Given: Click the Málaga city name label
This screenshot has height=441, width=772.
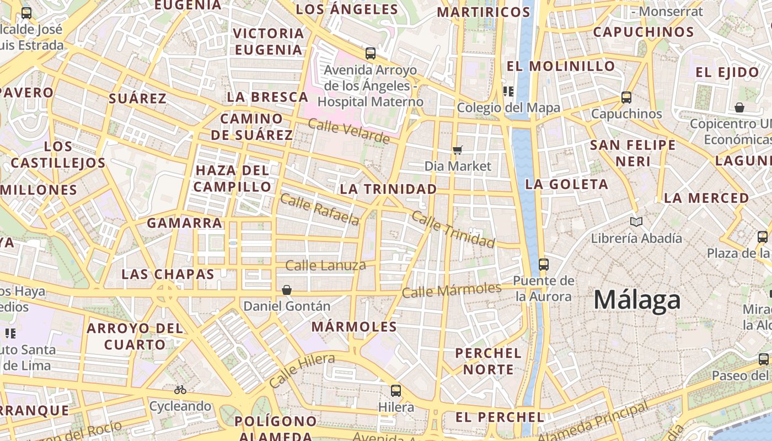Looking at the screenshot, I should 637,300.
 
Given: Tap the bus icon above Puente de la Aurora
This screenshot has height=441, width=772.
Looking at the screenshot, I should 544,264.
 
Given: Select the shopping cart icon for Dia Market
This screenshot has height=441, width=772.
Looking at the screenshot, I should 457,150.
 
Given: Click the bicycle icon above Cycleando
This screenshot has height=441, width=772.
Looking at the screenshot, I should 180,390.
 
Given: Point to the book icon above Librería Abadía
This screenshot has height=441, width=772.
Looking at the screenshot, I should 636,222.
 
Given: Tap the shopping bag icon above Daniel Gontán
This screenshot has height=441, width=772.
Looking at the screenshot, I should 286,290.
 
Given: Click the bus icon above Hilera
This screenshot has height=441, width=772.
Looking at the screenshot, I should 395,391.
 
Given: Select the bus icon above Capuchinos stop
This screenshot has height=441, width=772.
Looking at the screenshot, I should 626,98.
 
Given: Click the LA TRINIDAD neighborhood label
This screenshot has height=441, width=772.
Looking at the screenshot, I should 388,189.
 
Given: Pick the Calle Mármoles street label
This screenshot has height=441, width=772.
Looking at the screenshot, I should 451,290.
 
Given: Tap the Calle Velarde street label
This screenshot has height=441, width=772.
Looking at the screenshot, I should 349,131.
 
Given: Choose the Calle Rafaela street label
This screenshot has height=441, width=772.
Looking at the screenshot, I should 319,209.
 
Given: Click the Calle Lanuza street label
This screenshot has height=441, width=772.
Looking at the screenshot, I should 325,266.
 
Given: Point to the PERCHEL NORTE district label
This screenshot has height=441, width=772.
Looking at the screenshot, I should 488,361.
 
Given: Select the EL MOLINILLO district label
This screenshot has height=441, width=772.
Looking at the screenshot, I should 560,66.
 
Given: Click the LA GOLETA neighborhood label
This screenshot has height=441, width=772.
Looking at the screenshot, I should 566,184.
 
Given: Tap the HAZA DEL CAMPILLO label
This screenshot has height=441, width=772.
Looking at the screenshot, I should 232,178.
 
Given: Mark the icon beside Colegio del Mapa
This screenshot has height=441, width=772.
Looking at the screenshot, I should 508,92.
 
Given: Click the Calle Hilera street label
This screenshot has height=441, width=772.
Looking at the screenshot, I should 302,370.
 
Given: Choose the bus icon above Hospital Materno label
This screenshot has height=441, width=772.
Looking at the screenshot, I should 371,53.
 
